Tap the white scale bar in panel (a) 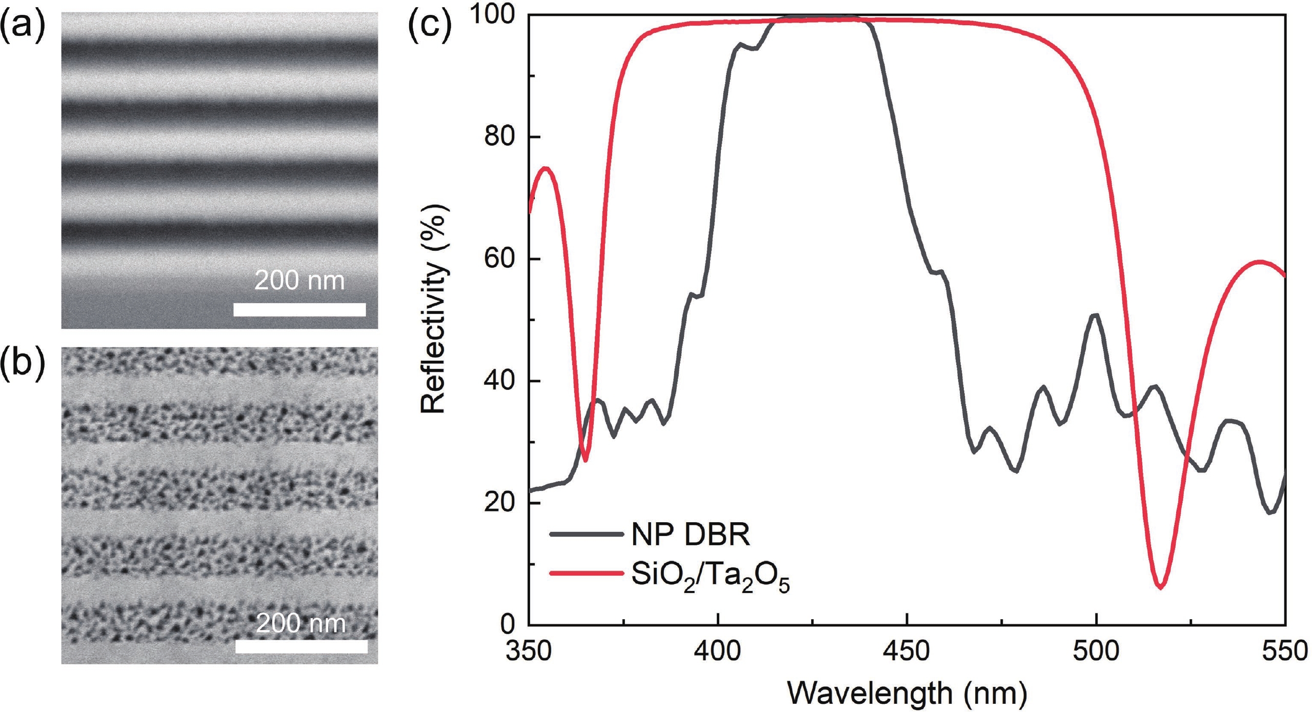pyautogui.click(x=299, y=309)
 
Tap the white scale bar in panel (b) pyautogui.click(x=301, y=646)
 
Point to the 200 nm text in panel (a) pyautogui.click(x=299, y=281)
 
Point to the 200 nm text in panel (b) pyautogui.click(x=301, y=624)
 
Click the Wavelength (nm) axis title pyautogui.click(x=907, y=694)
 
